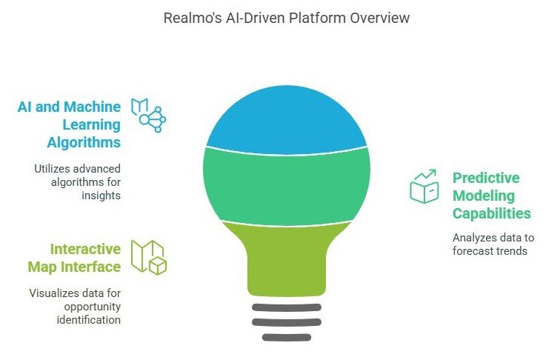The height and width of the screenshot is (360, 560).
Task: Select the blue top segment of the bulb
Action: point(287,119)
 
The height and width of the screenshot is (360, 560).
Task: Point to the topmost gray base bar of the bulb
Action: point(287,307)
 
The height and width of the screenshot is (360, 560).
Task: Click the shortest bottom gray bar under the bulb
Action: point(287,337)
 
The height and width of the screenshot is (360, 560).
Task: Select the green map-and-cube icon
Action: point(148,256)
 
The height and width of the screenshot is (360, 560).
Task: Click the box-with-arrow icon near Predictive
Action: point(424,187)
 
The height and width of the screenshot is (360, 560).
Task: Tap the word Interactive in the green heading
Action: point(85,248)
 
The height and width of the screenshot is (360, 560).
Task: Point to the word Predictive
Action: point(486,178)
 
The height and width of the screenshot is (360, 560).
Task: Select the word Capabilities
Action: point(491,213)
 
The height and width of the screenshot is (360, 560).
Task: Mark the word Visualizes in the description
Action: point(55,293)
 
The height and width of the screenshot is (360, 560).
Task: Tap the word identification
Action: point(87,319)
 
